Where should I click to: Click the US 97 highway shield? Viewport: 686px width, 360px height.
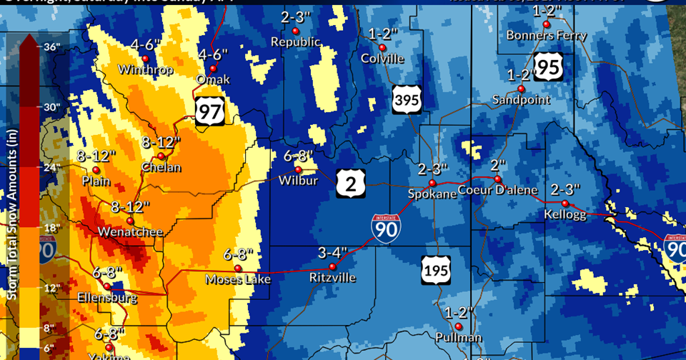(210, 109)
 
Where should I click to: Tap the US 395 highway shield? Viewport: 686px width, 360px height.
(405, 99)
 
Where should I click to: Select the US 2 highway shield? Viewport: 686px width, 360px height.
(351, 184)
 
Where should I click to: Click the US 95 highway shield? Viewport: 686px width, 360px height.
(548, 67)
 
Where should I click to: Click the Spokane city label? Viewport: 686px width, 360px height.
(431, 194)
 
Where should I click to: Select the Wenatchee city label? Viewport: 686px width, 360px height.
(130, 232)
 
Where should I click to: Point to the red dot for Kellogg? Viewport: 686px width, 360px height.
(565, 204)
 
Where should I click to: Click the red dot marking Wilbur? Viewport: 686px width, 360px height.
(299, 169)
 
